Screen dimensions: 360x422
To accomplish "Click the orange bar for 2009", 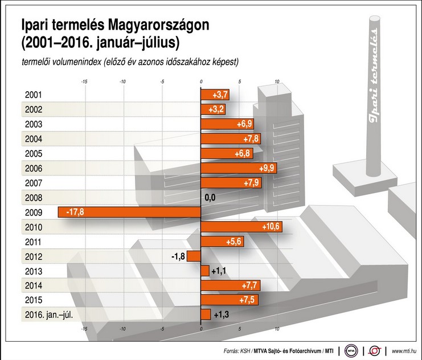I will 129,212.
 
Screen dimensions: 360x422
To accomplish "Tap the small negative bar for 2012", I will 194,256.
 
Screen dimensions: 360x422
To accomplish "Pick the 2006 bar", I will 239,168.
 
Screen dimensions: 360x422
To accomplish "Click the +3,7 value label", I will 220,95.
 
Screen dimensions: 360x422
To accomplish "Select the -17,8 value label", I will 75,212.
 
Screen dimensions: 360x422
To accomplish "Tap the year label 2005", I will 34,153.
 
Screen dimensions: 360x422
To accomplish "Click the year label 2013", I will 34,271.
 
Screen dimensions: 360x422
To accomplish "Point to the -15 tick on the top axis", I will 84,81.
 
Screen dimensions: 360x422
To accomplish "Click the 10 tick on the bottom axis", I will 278,329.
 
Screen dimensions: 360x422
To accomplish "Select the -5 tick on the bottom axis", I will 162,329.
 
